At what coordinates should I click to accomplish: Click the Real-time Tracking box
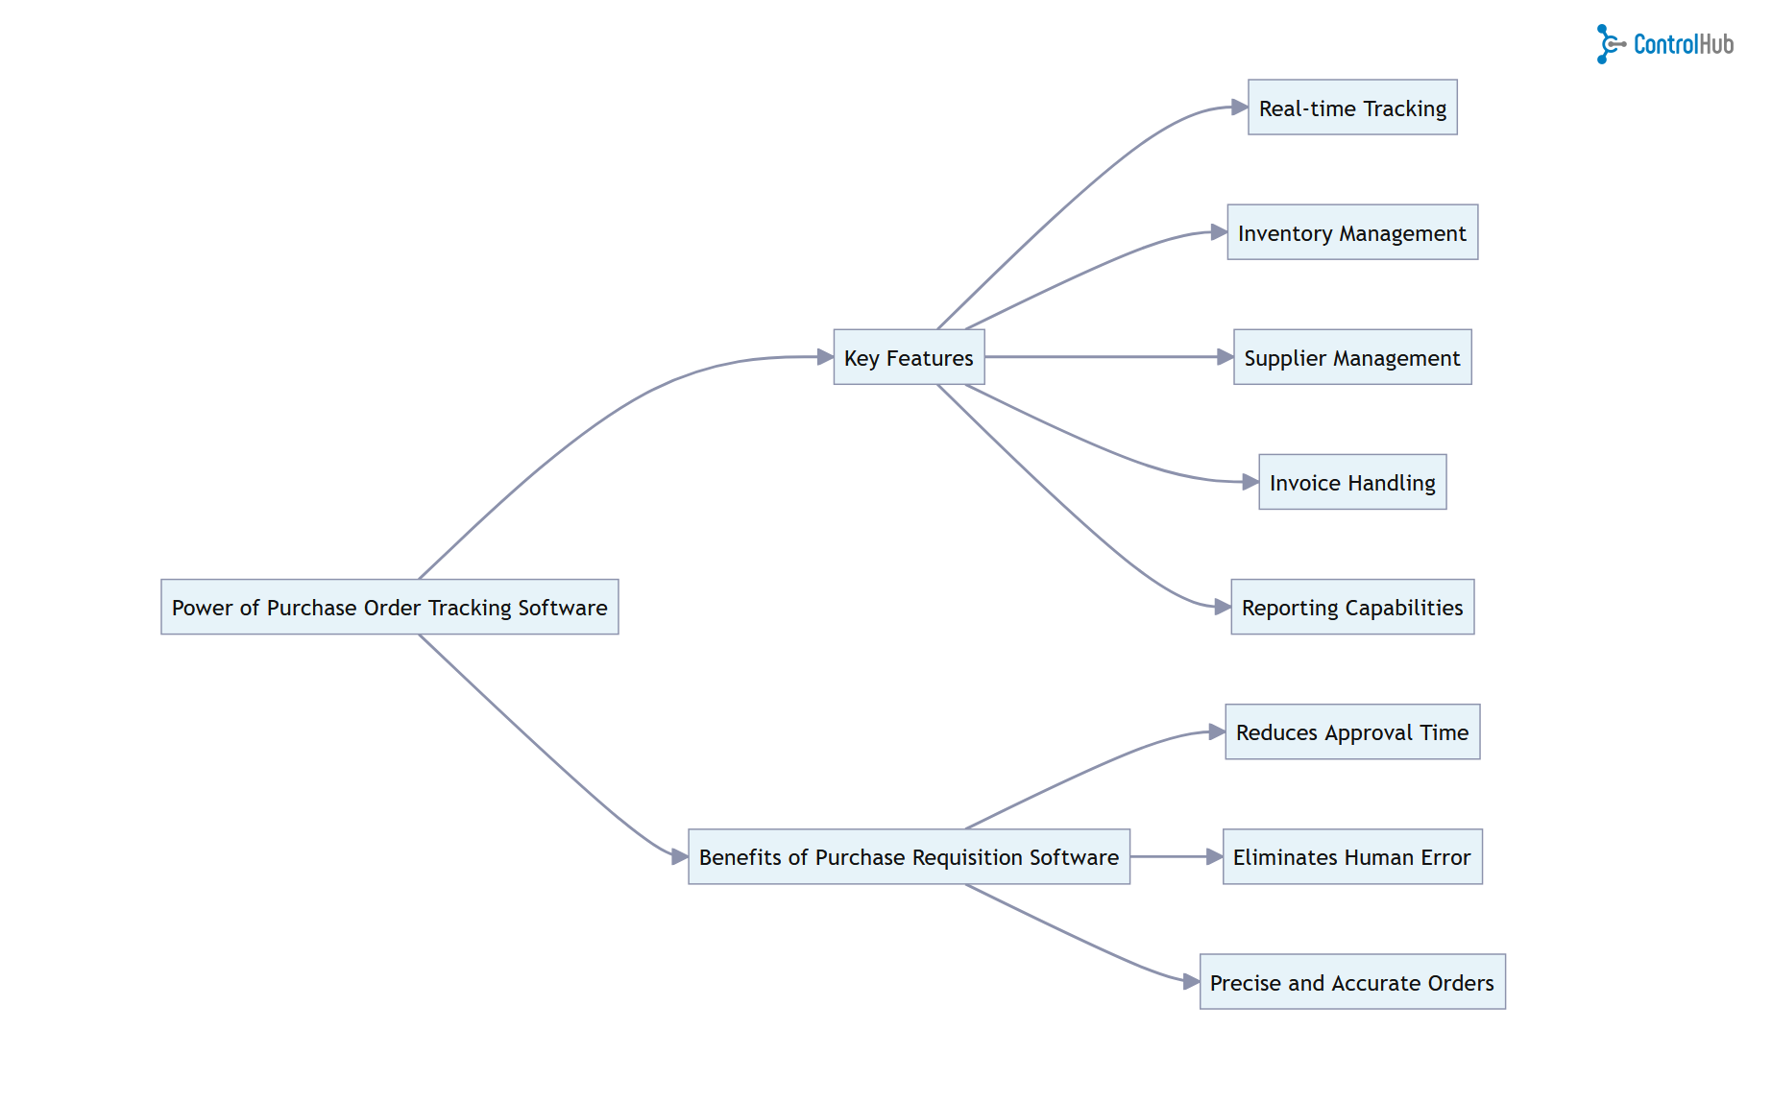click(1352, 108)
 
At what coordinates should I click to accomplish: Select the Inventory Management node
click(1352, 232)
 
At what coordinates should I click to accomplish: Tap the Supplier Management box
click(1352, 357)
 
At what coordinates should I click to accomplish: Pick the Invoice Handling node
click(1352, 482)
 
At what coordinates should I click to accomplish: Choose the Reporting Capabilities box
click(1352, 607)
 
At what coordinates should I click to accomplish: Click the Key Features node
click(909, 357)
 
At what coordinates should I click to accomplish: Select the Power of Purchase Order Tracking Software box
click(389, 607)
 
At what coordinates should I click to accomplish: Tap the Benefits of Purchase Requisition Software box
click(909, 856)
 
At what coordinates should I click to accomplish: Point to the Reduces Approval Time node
click(1352, 731)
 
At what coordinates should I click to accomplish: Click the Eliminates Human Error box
click(1352, 856)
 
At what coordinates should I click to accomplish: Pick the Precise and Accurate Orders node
click(1352, 981)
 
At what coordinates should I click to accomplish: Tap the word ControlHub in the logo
click(1684, 44)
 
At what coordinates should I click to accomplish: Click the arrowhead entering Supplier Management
click(1226, 357)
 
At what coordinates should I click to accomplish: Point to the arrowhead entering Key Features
click(825, 357)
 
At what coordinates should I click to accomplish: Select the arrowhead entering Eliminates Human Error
click(1215, 856)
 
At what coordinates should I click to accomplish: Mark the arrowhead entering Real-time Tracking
click(1240, 108)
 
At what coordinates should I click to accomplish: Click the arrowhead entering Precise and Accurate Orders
click(1192, 981)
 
